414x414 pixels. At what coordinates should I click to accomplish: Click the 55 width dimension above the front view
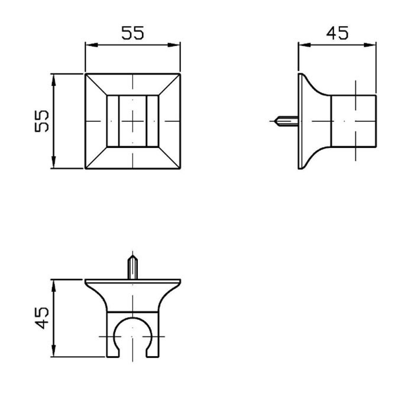tap(133, 33)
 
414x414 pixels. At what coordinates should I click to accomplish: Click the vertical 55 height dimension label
tap(42, 121)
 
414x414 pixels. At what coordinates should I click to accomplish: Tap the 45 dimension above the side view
tap(337, 33)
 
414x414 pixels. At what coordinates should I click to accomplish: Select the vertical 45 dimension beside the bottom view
tap(42, 318)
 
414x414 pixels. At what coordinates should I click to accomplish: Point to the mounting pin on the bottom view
tap(132, 267)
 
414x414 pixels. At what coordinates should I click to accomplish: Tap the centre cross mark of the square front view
tap(132, 121)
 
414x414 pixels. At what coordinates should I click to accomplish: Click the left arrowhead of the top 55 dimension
tap(92, 45)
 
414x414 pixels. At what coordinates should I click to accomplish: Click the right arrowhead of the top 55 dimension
tap(174, 45)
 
